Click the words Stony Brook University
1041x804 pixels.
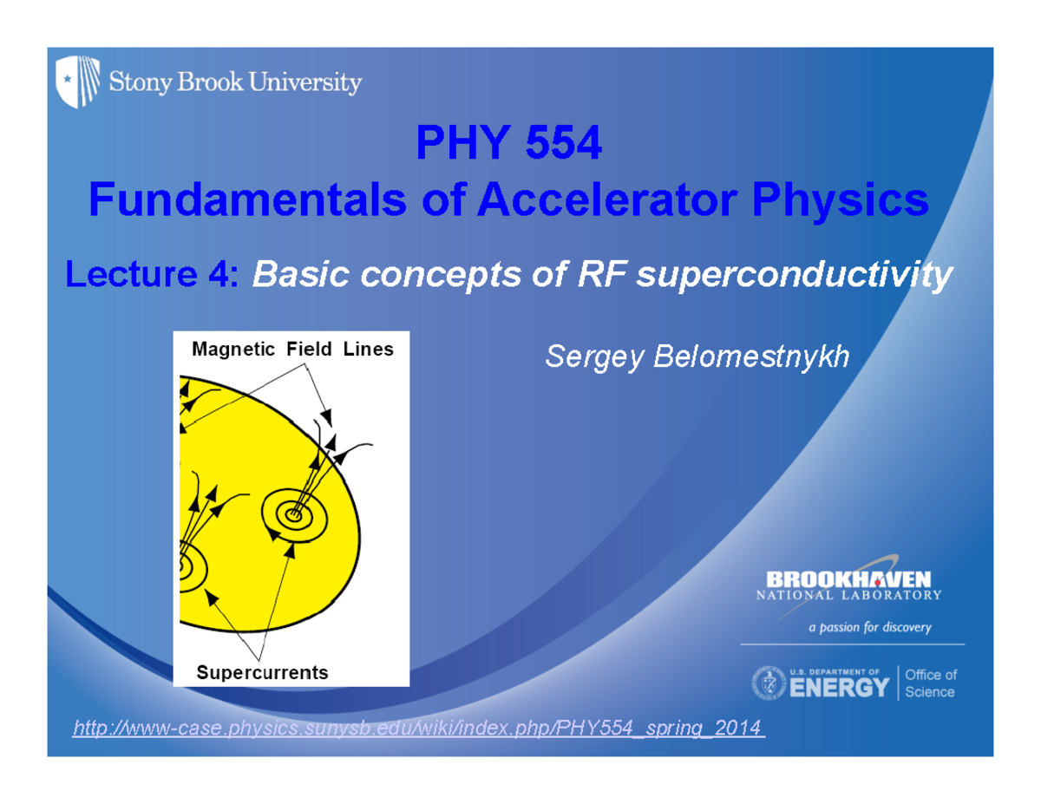(x=234, y=83)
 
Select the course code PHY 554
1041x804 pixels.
(x=508, y=144)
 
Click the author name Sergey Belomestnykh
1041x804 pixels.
(x=697, y=356)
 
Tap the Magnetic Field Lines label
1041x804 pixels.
(x=292, y=350)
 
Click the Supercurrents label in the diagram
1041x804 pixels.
(x=262, y=672)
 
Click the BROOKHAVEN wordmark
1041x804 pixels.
(x=848, y=578)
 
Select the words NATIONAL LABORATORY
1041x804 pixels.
(x=848, y=596)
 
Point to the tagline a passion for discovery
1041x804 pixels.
(x=869, y=627)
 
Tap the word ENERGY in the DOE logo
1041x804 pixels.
(x=838, y=689)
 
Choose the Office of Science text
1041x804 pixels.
(x=930, y=683)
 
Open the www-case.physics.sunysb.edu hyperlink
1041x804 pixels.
(x=418, y=727)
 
